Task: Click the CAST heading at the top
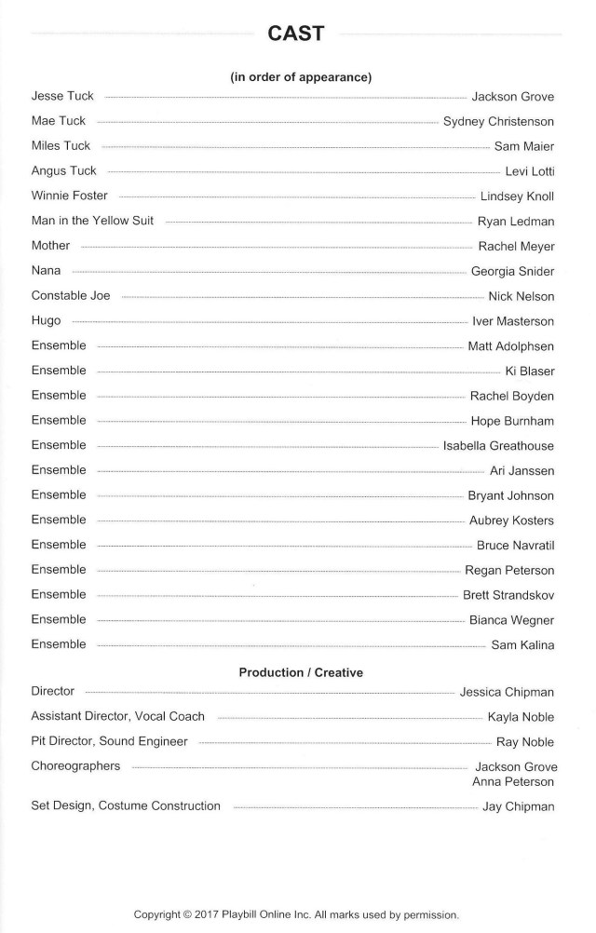click(x=295, y=34)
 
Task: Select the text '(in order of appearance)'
click(x=301, y=77)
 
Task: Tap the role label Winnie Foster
click(x=70, y=196)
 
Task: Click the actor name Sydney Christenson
click(x=498, y=121)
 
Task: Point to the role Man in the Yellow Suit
click(x=92, y=221)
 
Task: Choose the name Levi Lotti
click(x=529, y=171)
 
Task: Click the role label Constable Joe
click(x=71, y=295)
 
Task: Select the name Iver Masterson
click(x=513, y=321)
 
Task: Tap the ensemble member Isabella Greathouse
click(x=498, y=446)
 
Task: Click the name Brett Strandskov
click(x=508, y=595)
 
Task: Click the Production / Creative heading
click(x=301, y=672)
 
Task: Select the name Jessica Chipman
click(x=507, y=692)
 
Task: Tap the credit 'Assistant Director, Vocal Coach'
click(x=117, y=716)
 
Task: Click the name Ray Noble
click(x=525, y=742)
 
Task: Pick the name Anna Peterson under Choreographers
click(x=513, y=782)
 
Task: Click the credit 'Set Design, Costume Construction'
click(x=126, y=805)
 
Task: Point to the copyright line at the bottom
click(x=296, y=914)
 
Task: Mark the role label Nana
click(x=46, y=270)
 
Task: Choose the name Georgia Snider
click(x=512, y=271)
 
